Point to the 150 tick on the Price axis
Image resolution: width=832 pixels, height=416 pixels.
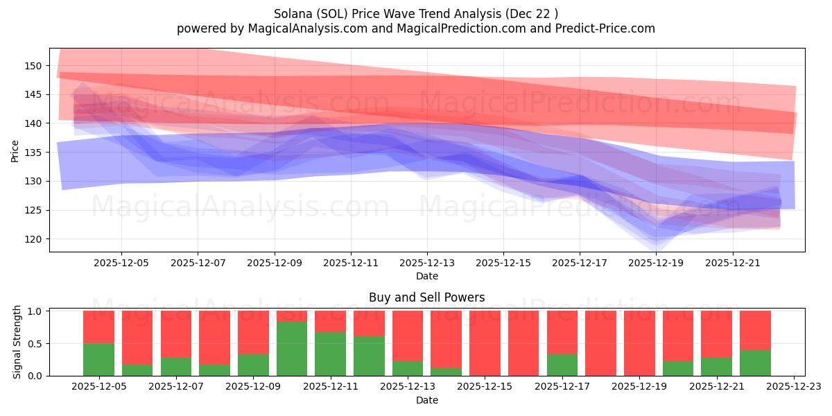coord(33,66)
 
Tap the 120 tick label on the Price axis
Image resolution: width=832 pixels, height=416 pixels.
coord(33,239)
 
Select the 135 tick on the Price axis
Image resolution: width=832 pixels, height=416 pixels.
coord(33,153)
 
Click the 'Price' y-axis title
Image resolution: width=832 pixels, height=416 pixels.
coord(15,150)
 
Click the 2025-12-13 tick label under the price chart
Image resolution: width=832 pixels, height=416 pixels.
coord(426,263)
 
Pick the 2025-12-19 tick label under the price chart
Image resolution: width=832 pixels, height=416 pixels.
coord(656,263)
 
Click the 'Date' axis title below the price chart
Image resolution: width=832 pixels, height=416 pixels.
coord(426,276)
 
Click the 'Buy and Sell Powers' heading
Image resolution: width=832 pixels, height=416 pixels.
coord(426,298)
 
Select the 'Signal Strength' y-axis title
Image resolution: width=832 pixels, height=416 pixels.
coord(18,342)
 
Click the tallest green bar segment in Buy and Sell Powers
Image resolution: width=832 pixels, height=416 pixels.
coord(292,349)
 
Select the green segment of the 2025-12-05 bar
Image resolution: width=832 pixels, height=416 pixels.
coord(99,359)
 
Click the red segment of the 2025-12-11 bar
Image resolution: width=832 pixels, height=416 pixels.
coord(330,321)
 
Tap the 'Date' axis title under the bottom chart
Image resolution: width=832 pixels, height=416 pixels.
coord(426,400)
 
